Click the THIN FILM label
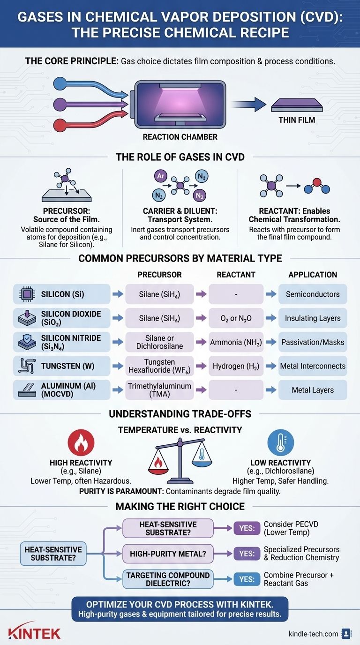tap(297, 120)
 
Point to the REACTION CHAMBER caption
tap(180, 137)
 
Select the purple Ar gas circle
tap(161, 176)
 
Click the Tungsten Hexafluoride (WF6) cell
tap(159, 366)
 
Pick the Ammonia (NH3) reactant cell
tap(236, 342)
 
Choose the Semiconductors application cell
tap(313, 294)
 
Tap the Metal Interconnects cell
tap(313, 366)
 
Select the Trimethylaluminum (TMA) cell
tap(159, 390)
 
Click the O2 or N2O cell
tap(236, 318)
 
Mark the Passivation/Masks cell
tap(313, 342)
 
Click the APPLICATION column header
tap(313, 275)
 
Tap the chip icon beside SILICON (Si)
tap(27, 294)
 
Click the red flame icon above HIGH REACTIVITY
tap(81, 443)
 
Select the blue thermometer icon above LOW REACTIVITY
tap(280, 443)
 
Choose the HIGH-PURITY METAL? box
tap(168, 554)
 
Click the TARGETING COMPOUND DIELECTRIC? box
tap(168, 579)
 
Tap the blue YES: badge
tap(247, 579)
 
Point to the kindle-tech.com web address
tap(313, 634)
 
